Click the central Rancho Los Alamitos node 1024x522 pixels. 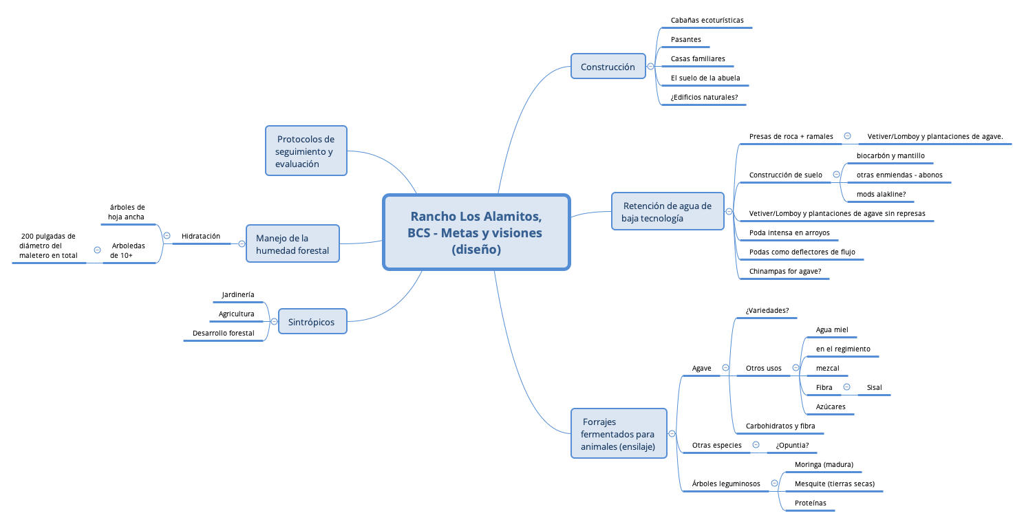click(476, 232)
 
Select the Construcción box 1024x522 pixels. click(608, 67)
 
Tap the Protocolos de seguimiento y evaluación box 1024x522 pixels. click(306, 151)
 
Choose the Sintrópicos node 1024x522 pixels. click(312, 321)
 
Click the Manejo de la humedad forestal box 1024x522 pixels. click(292, 243)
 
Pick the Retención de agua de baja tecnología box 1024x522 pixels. click(667, 211)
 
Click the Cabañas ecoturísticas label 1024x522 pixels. click(707, 21)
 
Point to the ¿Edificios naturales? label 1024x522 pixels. click(704, 98)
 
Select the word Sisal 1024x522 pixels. click(874, 388)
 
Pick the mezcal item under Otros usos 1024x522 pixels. click(827, 369)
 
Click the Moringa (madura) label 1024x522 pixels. click(824, 465)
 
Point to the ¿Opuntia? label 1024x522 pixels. click(792, 446)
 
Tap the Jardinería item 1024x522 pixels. click(237, 295)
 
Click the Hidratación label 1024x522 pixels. click(201, 237)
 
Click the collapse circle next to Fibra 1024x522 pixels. click(846, 387)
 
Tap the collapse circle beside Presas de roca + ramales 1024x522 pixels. click(847, 136)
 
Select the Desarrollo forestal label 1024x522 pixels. click(223, 334)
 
